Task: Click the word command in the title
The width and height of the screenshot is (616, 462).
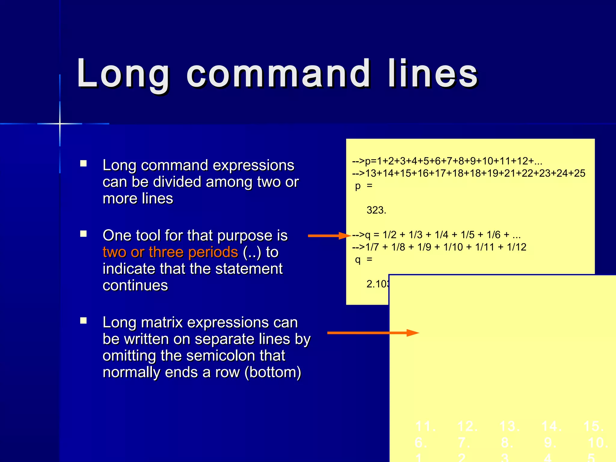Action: [x=278, y=74]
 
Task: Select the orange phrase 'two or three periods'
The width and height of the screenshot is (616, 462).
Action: [x=170, y=252]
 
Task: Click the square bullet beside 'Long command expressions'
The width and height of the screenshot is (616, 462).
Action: [x=84, y=164]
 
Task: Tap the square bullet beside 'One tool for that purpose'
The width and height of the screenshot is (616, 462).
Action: [x=84, y=234]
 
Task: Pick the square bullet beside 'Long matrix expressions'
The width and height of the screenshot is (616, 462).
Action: [x=84, y=321]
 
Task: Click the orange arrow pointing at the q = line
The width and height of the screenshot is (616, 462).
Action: [x=329, y=236]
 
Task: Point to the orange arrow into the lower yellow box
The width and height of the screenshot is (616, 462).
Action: [x=373, y=333]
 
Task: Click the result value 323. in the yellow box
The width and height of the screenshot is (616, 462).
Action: [x=376, y=210]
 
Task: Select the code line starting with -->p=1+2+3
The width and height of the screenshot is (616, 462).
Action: [x=447, y=161]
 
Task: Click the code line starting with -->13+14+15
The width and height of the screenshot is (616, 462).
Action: [x=469, y=174]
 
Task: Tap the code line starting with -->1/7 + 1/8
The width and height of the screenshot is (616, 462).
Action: [x=439, y=247]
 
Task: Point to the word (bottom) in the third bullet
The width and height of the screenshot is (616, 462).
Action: [x=273, y=372]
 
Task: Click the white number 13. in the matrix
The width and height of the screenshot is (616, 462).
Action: [x=510, y=426]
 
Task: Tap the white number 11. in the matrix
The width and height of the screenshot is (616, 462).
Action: [x=425, y=426]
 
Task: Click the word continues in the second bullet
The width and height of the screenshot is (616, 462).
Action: [x=135, y=285]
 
